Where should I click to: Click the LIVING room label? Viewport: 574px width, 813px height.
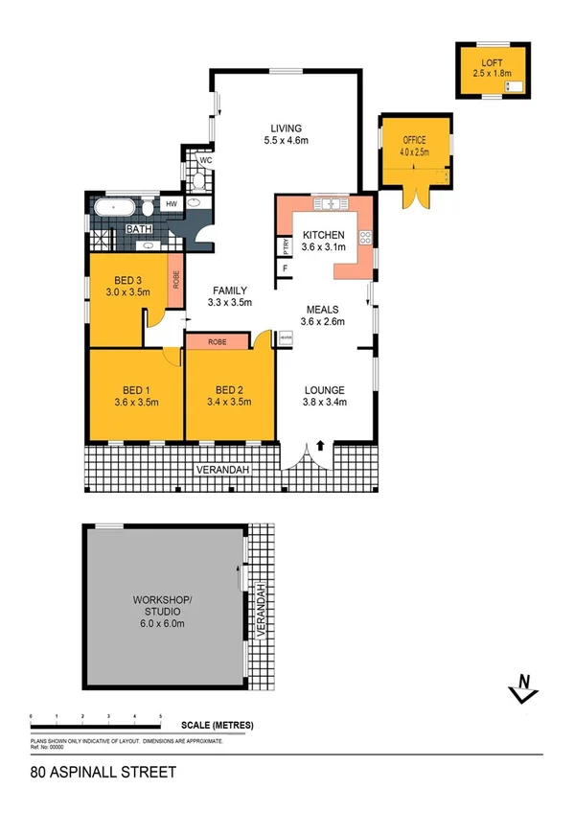click(x=286, y=128)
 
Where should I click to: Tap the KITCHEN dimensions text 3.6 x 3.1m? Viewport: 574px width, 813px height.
click(x=323, y=246)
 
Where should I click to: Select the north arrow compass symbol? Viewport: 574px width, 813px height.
click(x=522, y=686)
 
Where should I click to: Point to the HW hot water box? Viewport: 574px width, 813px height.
click(x=172, y=204)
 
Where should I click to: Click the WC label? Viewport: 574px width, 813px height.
click(x=204, y=160)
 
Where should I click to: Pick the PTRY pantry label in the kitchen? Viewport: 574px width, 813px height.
click(x=286, y=246)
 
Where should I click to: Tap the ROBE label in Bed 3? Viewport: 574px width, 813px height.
click(x=175, y=280)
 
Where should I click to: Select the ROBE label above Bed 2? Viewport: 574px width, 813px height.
click(x=217, y=341)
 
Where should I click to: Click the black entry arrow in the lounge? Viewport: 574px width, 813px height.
click(x=319, y=444)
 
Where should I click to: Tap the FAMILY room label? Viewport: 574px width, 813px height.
click(x=230, y=290)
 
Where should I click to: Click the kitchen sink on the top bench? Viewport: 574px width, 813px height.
click(x=331, y=204)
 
